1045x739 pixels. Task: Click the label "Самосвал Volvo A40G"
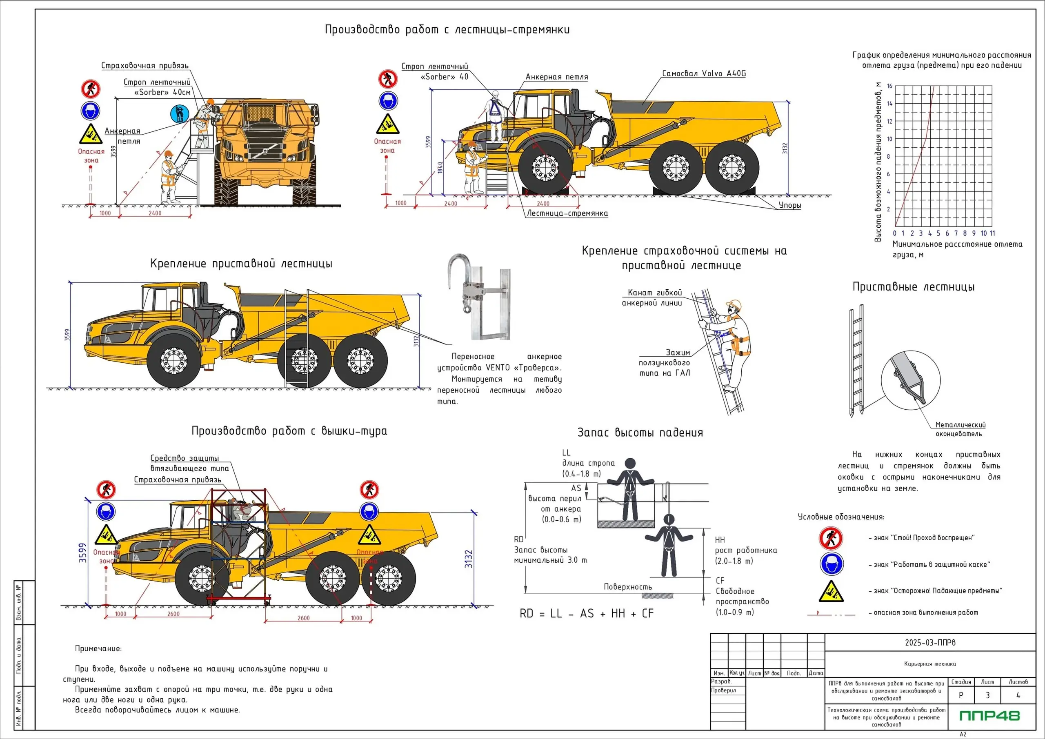coord(704,74)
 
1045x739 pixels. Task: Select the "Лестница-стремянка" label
coord(567,213)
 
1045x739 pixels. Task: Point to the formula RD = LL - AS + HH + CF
coord(586,613)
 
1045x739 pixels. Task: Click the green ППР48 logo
coord(989,716)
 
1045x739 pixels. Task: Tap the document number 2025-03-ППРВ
coord(930,643)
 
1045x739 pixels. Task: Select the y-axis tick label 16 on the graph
coord(889,86)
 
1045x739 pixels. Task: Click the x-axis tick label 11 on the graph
coord(992,233)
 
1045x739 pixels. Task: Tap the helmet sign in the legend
coord(831,564)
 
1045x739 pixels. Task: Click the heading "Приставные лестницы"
coord(913,287)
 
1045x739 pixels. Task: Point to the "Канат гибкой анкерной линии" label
coord(652,297)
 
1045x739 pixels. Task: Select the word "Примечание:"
coord(98,648)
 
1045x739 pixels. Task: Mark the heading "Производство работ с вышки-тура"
coord(289,431)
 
